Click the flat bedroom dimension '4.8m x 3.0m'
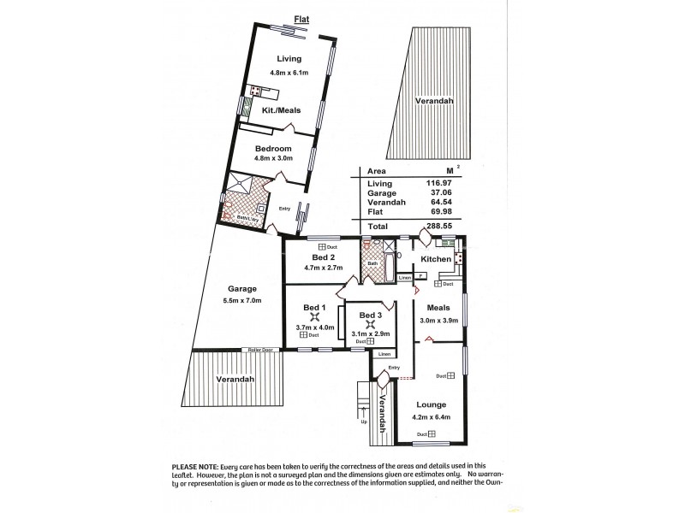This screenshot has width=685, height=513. click(x=274, y=158)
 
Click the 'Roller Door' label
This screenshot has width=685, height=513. click(x=259, y=350)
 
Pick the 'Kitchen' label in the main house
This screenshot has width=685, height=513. click(x=436, y=258)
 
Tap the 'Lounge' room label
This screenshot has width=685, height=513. click(x=431, y=404)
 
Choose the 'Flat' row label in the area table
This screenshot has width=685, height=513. click(x=373, y=215)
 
